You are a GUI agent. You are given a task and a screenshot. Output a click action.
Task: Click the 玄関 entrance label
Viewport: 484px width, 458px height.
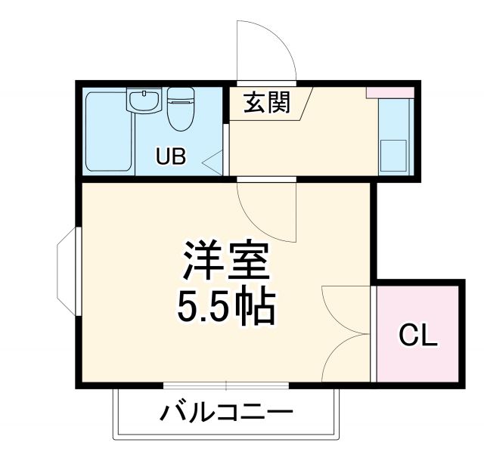[267, 102]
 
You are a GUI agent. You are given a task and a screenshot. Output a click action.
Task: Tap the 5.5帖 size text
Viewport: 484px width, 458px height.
[225, 305]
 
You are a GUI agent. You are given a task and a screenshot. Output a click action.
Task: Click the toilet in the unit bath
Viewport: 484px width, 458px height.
[181, 110]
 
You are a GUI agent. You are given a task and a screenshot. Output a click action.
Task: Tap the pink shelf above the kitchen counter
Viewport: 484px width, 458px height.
[390, 92]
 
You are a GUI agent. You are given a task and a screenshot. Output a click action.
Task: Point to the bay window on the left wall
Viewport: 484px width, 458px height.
[67, 271]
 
